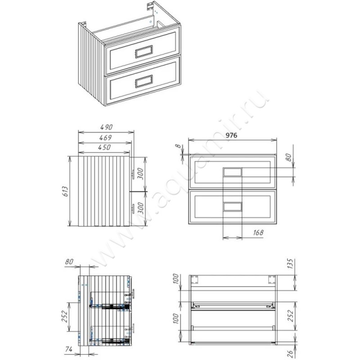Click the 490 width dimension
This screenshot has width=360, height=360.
(x=106, y=127)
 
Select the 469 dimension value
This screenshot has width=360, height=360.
(x=105, y=138)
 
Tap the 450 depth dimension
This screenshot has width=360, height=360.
(x=104, y=147)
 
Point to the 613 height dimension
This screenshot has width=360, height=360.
(x=65, y=191)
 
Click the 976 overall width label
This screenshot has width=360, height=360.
(x=231, y=135)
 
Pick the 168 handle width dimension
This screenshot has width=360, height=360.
(x=258, y=233)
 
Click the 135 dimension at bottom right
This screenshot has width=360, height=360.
(x=290, y=264)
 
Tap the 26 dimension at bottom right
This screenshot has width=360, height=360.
(x=290, y=354)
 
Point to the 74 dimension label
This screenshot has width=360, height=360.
(x=69, y=349)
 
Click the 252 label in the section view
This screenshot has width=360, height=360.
(x=65, y=316)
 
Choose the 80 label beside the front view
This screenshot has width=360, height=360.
(x=289, y=157)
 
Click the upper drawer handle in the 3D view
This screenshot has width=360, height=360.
(x=144, y=52)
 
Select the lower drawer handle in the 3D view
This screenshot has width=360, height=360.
(x=144, y=81)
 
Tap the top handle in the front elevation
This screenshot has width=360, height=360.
(x=232, y=172)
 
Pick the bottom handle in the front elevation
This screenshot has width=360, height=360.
(x=232, y=207)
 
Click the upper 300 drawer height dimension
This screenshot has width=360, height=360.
(x=140, y=174)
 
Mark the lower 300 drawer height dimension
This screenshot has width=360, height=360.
(x=140, y=208)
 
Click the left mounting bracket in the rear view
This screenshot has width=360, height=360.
(x=195, y=279)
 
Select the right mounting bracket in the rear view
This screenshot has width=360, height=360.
(x=272, y=279)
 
